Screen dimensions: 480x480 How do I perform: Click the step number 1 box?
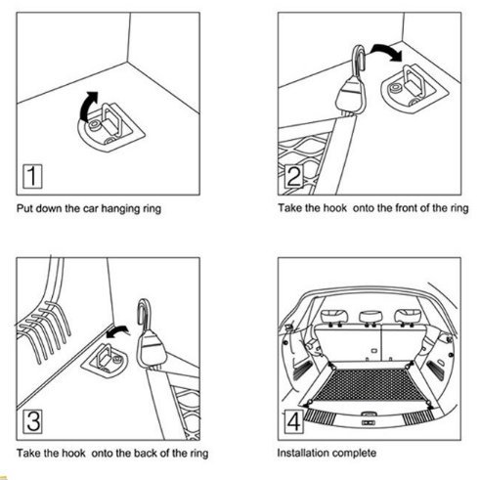click(32, 177)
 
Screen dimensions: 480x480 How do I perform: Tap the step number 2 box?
click(293, 177)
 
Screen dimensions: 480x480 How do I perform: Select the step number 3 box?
click(32, 421)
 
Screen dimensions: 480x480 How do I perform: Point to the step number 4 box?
click(293, 421)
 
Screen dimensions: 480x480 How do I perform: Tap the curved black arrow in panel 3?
click(117, 330)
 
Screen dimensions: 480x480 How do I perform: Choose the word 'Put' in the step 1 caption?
click(24, 208)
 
